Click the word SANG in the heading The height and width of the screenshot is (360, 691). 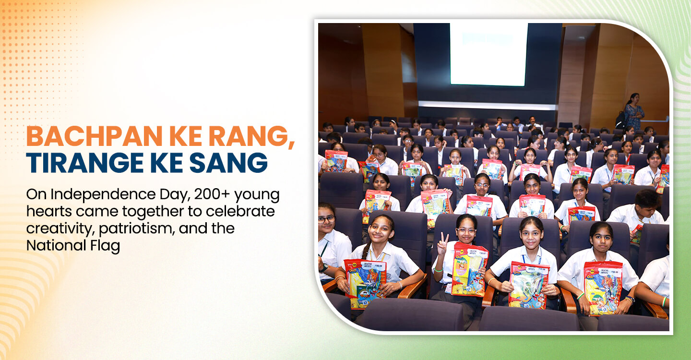(228, 163)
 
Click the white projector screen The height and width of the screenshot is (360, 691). (488, 54)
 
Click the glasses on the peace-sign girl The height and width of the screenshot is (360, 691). (466, 230)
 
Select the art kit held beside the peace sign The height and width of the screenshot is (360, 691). (469, 269)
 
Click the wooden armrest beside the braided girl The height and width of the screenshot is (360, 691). (412, 288)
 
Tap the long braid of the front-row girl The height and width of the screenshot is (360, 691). (366, 250)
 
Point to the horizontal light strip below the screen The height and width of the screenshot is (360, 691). (488, 106)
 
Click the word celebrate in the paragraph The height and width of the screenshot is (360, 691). (240, 211)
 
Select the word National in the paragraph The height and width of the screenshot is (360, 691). (56, 246)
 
